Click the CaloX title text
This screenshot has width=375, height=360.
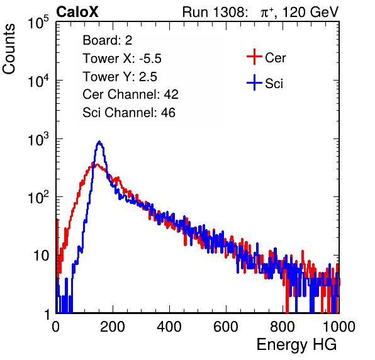(77, 12)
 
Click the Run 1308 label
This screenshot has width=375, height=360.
(215, 12)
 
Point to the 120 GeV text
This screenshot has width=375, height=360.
(310, 12)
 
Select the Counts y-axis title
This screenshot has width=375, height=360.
(9, 49)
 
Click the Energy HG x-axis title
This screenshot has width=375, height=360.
(296, 345)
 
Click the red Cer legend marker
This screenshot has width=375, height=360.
(254, 57)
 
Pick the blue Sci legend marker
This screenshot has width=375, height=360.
(254, 82)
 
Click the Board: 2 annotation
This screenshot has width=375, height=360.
(108, 40)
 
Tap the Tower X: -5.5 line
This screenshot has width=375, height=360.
(122, 59)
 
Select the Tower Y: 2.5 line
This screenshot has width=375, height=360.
(120, 77)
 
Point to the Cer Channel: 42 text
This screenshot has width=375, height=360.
(131, 94)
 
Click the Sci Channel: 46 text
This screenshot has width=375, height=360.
(129, 113)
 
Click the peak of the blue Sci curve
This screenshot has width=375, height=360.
(99, 142)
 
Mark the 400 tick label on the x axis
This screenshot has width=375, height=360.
(169, 327)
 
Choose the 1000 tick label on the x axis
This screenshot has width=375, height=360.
(339, 327)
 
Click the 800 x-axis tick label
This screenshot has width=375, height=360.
(283, 327)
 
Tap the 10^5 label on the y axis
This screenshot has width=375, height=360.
(38, 23)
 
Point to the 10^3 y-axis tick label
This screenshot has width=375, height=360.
(38, 140)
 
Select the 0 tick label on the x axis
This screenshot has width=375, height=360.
(55, 327)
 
